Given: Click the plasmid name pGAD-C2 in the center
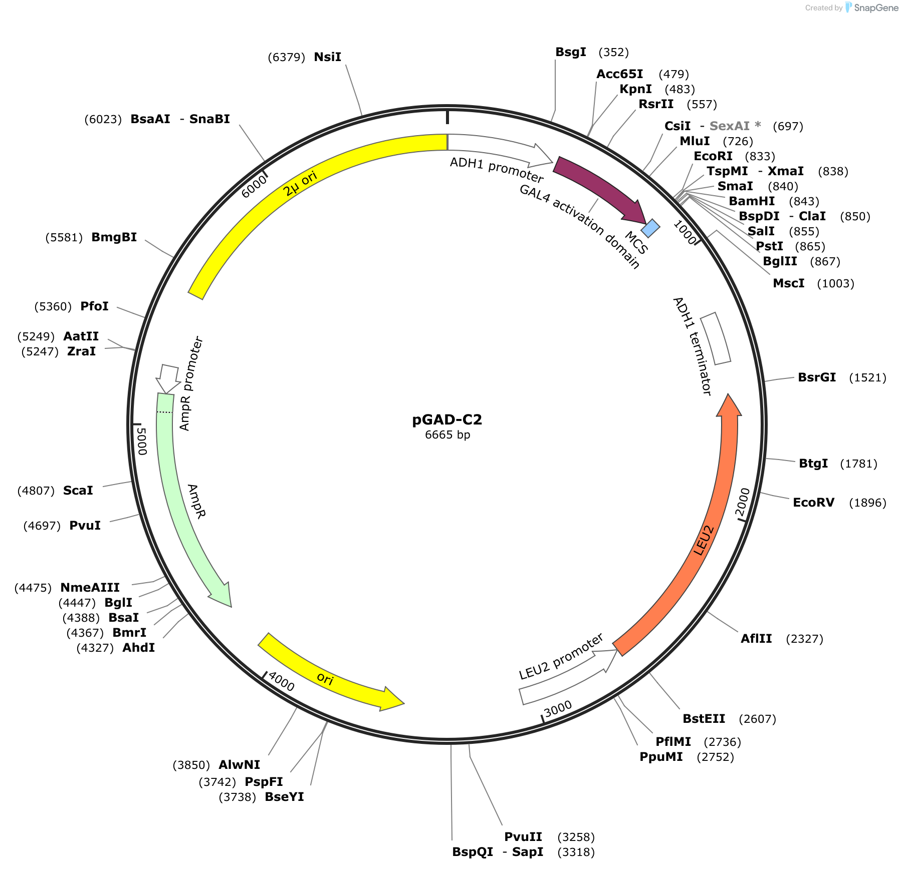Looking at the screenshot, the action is (447, 419).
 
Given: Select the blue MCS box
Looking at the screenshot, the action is (650, 228).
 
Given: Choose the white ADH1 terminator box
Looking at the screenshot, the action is (715, 338).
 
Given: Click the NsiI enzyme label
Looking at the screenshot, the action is (327, 57).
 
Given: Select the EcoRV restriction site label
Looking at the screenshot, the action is (813, 503).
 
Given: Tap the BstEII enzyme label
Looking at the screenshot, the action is (704, 719).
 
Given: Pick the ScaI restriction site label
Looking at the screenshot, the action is (78, 491).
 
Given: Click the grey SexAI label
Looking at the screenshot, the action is (730, 126).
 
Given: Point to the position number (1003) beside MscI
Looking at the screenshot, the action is (835, 283).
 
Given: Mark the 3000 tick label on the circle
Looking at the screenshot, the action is (558, 708).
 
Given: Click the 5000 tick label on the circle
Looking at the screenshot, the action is (142, 441).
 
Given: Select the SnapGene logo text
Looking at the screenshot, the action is (876, 8).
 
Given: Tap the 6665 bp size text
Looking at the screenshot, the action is (447, 434).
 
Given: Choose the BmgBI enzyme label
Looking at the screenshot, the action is (114, 237).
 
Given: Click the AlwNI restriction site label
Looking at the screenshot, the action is (239, 765).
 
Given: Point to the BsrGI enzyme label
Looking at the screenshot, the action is (817, 377).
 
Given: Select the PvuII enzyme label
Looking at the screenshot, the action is (523, 837).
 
